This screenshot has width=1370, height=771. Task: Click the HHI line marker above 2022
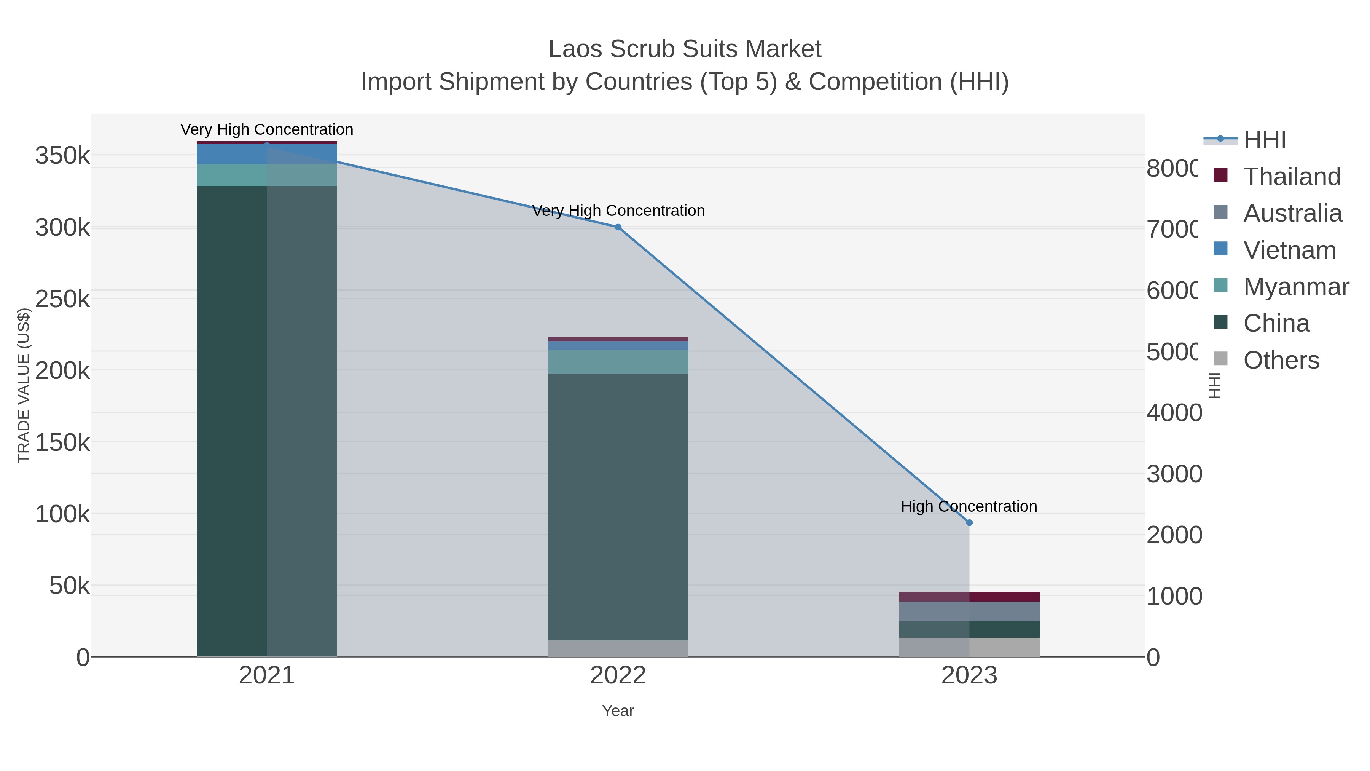618,227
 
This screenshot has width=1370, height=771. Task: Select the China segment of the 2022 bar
618,506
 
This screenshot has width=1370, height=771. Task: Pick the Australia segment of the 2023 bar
969,611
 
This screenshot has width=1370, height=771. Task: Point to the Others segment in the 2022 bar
618,648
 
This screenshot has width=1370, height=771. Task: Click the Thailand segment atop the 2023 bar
969,597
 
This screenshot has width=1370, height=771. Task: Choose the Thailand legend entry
1291,176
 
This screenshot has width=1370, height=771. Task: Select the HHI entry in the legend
1265,139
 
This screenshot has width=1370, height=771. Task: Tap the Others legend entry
1281,360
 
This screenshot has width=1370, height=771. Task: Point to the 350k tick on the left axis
62,156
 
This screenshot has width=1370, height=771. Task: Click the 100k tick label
62,514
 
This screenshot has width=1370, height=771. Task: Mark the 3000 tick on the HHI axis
1174,474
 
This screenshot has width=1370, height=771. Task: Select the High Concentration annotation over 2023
969,506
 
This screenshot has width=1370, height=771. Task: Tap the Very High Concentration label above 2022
618,210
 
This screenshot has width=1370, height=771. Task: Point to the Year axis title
618,710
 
